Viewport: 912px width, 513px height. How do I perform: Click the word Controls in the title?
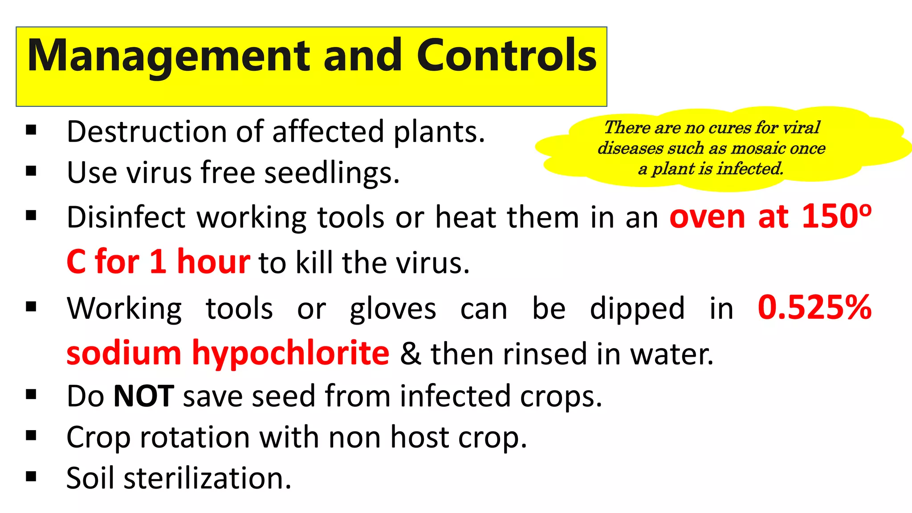click(x=506, y=55)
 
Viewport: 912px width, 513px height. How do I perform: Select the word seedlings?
click(x=332, y=173)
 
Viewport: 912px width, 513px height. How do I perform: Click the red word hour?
click(x=213, y=261)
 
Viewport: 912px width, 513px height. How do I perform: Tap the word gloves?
click(x=393, y=309)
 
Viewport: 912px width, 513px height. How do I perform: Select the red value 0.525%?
click(x=814, y=308)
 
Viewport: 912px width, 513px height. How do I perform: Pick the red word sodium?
click(x=124, y=353)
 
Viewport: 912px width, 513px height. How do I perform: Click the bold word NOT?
click(x=143, y=396)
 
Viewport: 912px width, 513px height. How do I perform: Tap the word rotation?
click(x=195, y=437)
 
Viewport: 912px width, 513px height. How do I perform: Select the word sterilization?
click(x=208, y=478)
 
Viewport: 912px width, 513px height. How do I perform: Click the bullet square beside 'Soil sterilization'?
click(x=31, y=477)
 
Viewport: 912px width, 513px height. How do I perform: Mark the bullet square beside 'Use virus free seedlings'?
click(x=31, y=171)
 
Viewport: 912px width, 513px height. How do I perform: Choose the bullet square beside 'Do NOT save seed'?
click(x=31, y=395)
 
